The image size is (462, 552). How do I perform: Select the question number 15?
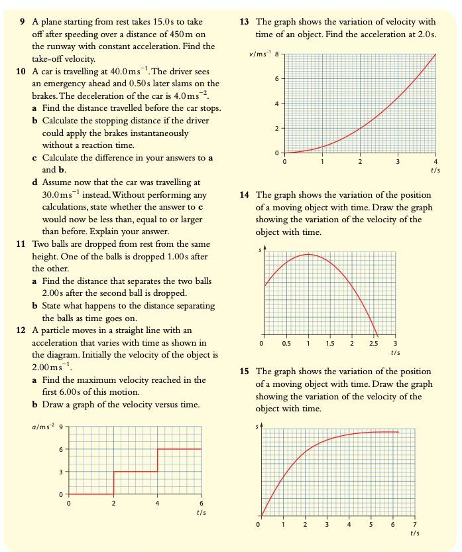244,372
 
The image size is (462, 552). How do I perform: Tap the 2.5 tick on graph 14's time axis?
374,344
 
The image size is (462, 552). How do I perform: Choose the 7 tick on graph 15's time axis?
415,524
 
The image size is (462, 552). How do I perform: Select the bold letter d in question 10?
34,182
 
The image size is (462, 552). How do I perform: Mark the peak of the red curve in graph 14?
308,254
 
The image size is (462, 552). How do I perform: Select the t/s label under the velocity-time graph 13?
435,171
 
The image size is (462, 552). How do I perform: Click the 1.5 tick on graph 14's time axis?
330,344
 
